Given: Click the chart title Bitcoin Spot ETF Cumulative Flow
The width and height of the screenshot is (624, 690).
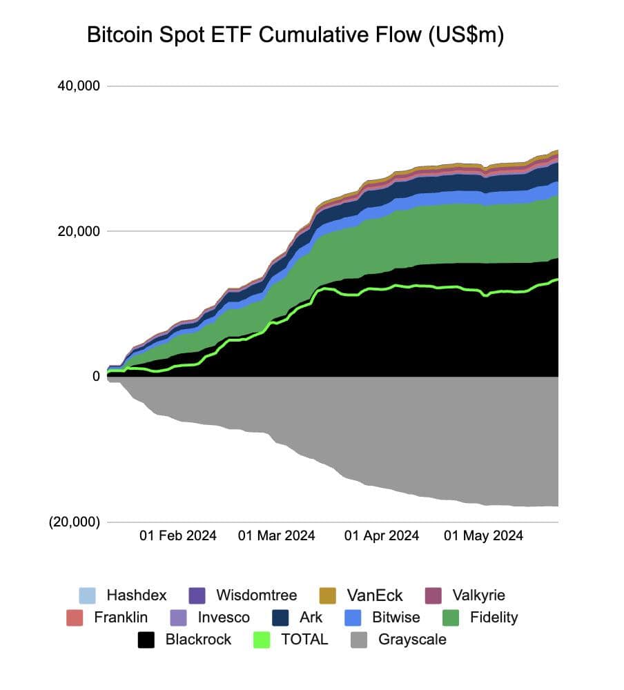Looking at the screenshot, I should (295, 36).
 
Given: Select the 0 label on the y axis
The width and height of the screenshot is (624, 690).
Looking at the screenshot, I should (96, 376).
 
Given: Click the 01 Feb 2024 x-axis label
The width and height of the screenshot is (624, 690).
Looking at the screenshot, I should (178, 535).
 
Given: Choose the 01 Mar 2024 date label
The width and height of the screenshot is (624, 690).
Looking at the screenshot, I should (276, 535).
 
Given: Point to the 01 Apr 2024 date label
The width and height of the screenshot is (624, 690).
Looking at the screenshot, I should (381, 535).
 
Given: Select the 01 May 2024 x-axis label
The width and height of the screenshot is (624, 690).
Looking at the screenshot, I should (483, 535).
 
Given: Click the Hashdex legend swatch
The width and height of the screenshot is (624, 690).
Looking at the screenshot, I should (88, 595).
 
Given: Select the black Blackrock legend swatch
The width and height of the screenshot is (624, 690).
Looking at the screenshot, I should (146, 640).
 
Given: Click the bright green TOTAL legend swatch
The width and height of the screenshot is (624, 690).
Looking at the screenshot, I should (262, 640).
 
